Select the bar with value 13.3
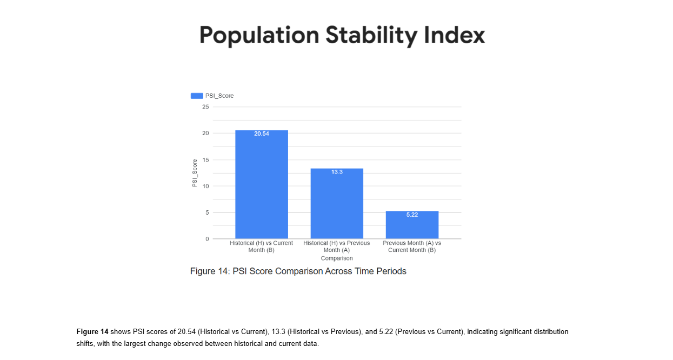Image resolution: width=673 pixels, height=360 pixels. pos(337,205)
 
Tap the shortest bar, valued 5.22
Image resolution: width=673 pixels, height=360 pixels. pos(412,226)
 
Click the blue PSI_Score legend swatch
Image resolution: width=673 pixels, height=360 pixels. pos(197,96)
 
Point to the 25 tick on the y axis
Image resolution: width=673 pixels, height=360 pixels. pos(205,107)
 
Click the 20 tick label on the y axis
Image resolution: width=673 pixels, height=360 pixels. pos(205,134)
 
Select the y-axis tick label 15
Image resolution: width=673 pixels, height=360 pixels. pos(205,160)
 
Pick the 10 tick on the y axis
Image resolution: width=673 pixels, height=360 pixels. pos(205,186)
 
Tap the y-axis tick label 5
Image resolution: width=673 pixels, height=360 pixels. pos(207,213)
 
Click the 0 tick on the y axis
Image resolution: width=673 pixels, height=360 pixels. pos(207,239)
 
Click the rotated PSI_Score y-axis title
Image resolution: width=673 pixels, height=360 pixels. pos(194,173)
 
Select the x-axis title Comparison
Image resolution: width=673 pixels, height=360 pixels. pos(337,258)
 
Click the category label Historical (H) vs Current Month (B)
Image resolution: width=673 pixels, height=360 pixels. pos(262,246)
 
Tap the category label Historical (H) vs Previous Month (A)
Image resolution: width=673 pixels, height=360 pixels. pos(337,246)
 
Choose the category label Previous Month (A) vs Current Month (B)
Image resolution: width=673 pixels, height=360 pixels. pos(412,246)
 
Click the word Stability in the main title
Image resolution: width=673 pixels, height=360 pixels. pos(371,36)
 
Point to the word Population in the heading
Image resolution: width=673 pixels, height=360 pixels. pos(259,36)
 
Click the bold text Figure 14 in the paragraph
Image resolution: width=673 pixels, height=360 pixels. pos(92,331)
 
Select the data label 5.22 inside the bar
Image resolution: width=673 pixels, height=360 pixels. pos(412,215)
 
